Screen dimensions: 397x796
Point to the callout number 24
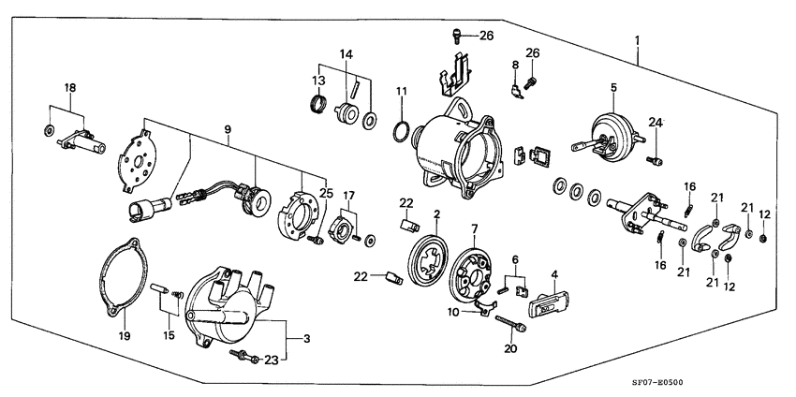pyautogui.click(x=656, y=123)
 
